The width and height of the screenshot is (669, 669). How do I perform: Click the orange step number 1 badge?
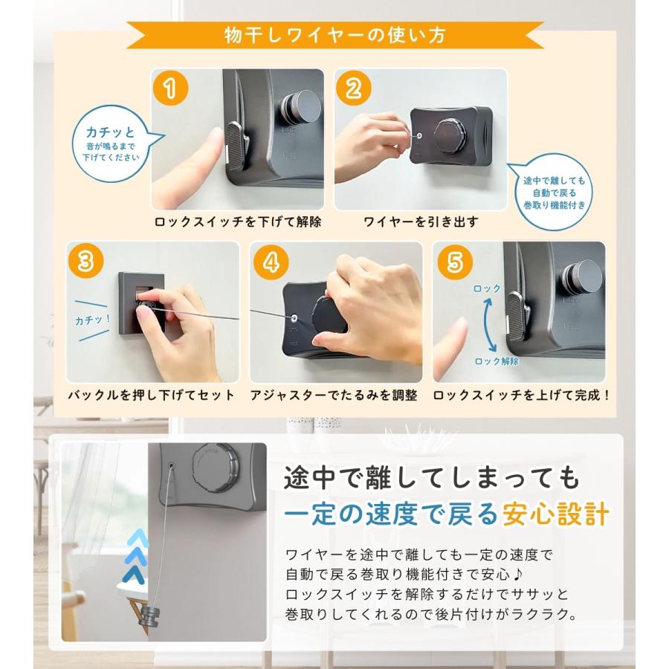click(x=171, y=88)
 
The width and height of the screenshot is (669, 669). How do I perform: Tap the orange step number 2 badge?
click(x=354, y=88)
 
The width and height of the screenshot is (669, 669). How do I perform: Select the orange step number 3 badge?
click(x=85, y=261)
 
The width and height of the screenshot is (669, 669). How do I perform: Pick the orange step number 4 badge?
click(x=271, y=262)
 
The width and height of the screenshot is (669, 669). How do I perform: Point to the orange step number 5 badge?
click(x=455, y=262)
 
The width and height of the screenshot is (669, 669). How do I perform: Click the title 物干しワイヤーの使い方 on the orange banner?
click(x=335, y=35)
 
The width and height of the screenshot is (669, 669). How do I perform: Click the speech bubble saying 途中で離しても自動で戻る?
click(x=552, y=192)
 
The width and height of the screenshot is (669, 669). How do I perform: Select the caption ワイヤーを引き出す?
click(x=421, y=222)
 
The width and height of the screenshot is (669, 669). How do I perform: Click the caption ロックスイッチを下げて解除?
click(x=238, y=222)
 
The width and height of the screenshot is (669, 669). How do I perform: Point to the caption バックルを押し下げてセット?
click(x=151, y=395)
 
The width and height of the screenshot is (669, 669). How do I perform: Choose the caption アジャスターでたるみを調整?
click(x=334, y=395)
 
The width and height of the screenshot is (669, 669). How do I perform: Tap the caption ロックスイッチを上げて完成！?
click(x=521, y=395)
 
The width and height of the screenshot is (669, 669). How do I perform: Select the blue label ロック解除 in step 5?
click(x=497, y=361)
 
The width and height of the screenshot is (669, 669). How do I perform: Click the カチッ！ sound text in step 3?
click(x=93, y=320)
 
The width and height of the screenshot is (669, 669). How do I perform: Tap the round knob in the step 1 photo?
click(x=300, y=108)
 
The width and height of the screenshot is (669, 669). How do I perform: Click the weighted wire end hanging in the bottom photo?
click(x=150, y=618)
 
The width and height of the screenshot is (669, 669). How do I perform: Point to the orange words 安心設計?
click(x=555, y=514)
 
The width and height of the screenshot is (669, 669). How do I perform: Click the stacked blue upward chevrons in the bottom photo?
click(x=137, y=557)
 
